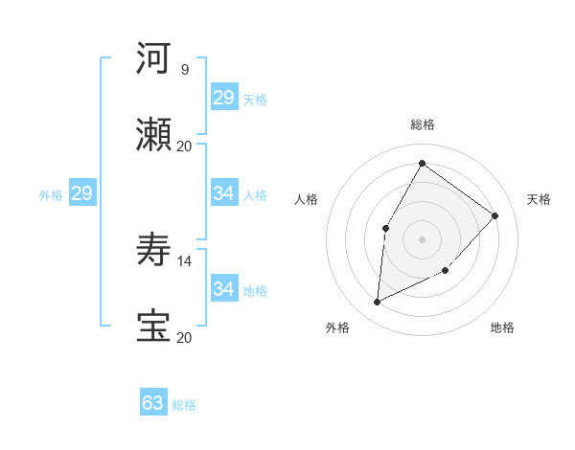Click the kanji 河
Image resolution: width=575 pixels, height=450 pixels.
154,58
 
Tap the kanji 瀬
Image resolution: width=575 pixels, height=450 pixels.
154,135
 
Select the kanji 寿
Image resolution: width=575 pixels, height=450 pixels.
154,250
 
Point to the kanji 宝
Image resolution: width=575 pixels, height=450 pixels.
154,326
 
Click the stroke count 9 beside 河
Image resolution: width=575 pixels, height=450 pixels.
184,69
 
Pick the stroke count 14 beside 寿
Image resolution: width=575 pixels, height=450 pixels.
184,260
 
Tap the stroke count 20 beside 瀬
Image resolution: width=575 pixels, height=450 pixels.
184,146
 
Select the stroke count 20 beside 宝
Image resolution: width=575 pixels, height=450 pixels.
184,337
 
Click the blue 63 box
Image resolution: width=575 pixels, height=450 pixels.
153,403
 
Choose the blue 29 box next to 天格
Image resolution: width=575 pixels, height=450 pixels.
224,98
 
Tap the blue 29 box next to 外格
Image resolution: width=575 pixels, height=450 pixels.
82,193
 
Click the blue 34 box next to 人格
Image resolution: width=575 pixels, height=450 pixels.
224,193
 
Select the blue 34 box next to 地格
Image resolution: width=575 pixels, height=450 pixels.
224,289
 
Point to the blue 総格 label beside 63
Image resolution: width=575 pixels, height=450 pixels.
184,405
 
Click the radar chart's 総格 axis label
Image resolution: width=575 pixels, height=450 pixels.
422,124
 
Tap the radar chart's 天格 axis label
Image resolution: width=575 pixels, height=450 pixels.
539,199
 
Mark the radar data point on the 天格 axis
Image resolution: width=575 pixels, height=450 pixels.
495,215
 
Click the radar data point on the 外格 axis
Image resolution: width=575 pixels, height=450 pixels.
377,303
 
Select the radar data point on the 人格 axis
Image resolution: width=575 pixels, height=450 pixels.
386,228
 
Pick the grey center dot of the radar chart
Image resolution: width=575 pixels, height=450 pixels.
422,238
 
